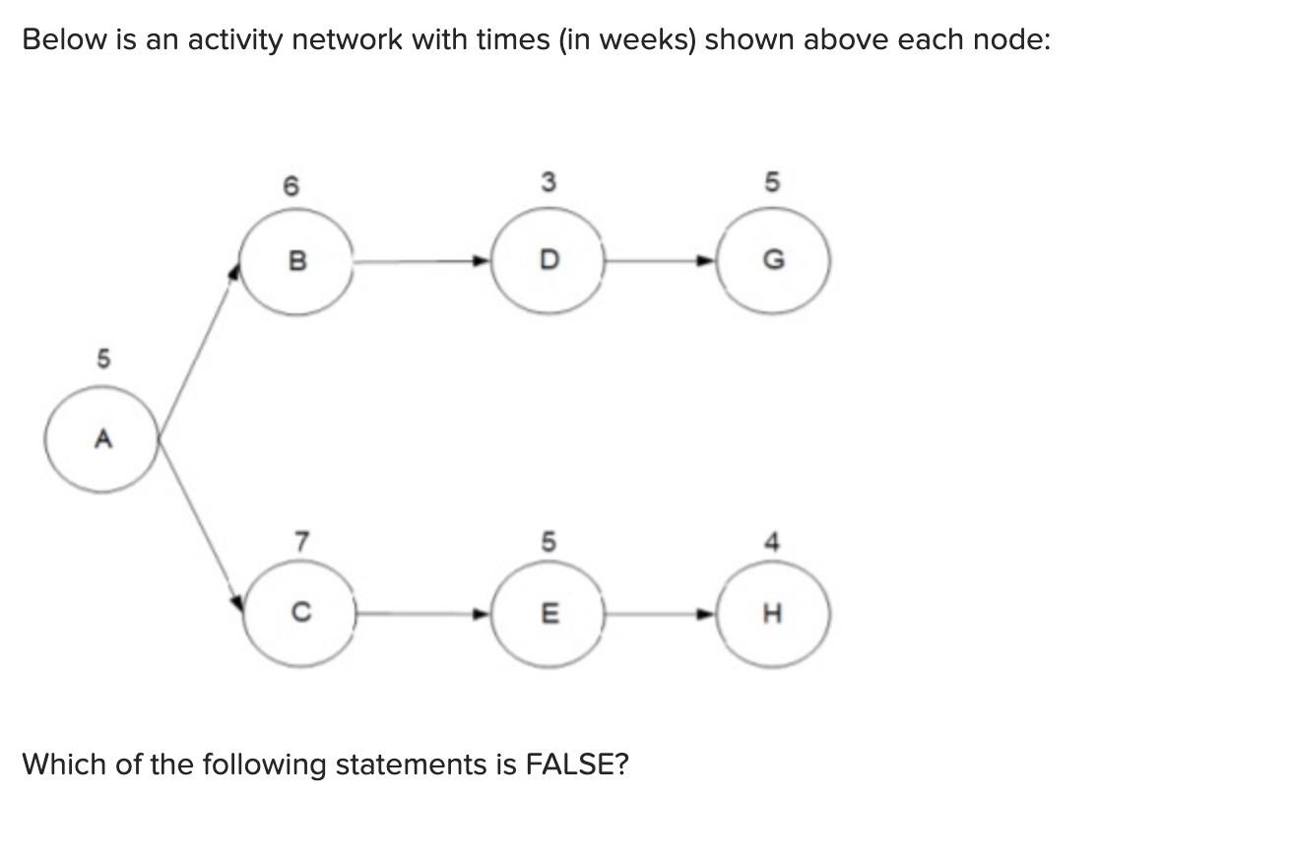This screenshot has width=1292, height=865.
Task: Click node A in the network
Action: click(101, 439)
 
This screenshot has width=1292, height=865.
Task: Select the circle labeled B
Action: click(296, 261)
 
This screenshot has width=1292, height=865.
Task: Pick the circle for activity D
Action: click(549, 261)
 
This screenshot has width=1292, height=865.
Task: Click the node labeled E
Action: click(549, 614)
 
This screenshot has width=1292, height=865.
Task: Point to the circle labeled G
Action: click(773, 261)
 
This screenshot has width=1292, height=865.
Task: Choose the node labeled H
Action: click(773, 614)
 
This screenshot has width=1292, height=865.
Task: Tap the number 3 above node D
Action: click(549, 182)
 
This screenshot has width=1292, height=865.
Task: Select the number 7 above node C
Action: click(302, 541)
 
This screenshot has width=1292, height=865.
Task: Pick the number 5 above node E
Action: click(549, 541)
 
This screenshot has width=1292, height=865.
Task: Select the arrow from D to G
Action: click(660, 262)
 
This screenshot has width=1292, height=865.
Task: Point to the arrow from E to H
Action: click(660, 615)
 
